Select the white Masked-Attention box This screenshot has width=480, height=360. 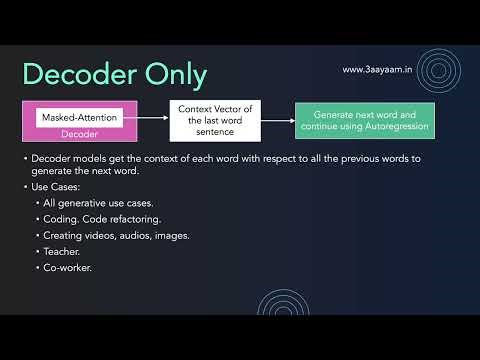(79, 118)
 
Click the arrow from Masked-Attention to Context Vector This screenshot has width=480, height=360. (150, 118)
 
